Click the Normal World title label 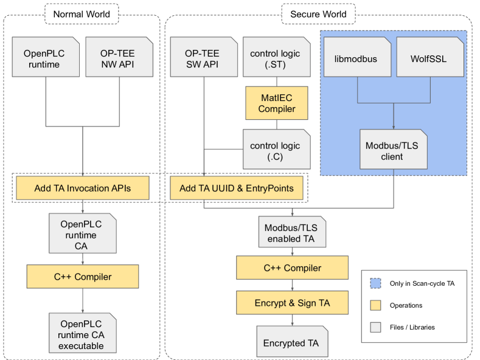(x=82, y=13)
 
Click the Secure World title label (x=319, y=13)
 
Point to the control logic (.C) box (x=275, y=149)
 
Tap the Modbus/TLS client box (x=392, y=149)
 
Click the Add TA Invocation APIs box (x=82, y=189)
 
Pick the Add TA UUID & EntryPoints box (x=237, y=189)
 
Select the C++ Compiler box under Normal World (x=82, y=277)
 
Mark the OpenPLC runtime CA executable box (x=82, y=332)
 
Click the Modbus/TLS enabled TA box (x=293, y=232)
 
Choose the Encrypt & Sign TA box (x=292, y=302)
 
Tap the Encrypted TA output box (x=291, y=342)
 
